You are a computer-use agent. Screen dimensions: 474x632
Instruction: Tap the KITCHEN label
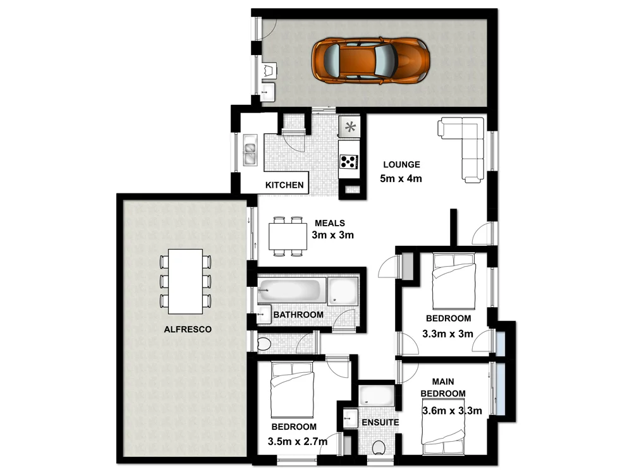[x=284, y=186]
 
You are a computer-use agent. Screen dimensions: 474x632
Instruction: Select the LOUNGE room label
[x=401, y=165]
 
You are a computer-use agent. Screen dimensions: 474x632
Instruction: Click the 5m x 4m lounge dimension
[x=401, y=179]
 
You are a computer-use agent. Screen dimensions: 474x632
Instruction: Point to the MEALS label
[x=329, y=223]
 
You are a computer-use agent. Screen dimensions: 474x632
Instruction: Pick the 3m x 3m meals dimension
[x=332, y=236]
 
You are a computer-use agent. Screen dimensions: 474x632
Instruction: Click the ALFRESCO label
[x=187, y=329]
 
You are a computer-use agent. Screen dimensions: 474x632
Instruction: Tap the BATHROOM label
[x=298, y=314]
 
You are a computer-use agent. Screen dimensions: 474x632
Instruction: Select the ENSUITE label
[x=380, y=422]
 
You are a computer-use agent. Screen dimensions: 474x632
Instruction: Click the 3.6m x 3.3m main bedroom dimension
[x=451, y=411]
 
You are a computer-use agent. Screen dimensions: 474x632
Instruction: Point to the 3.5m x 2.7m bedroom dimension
[x=297, y=441]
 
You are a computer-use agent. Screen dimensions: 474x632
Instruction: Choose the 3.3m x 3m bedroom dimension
[x=447, y=334]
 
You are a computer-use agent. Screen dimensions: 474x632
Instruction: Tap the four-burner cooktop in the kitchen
[x=348, y=162]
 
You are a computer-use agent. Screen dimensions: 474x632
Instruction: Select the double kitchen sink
[x=250, y=150]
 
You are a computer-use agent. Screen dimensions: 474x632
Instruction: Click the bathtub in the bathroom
[x=291, y=291]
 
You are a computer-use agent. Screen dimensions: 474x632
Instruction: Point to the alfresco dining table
[x=186, y=281]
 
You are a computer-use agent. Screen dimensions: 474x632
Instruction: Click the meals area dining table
[x=288, y=236]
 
